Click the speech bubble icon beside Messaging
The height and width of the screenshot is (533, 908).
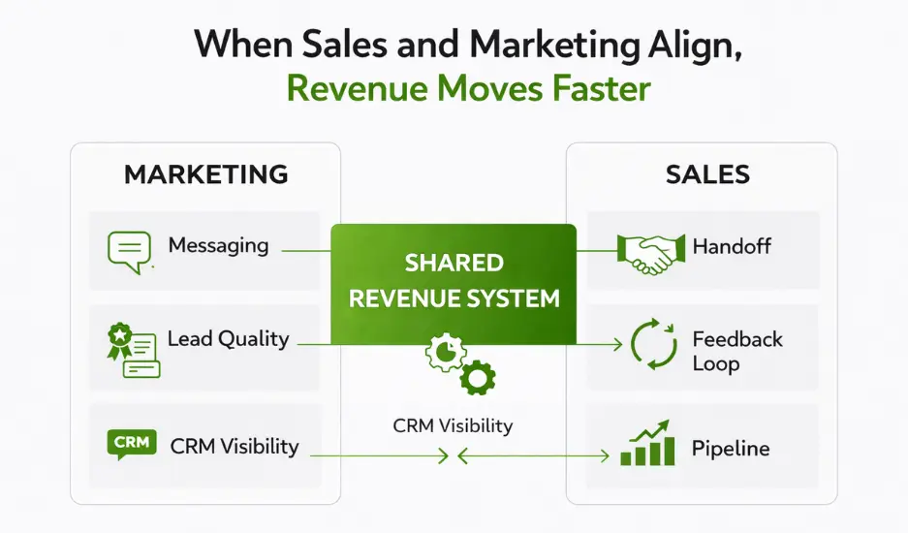[129, 250]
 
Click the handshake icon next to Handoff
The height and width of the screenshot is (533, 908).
[647, 251]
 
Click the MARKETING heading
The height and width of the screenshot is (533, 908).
[206, 174]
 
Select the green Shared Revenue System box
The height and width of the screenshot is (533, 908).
[454, 280]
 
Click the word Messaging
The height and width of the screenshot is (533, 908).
[218, 245]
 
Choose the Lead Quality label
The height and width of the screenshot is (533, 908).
[229, 339]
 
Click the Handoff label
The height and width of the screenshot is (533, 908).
[732, 246]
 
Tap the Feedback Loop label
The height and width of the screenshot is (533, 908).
[737, 351]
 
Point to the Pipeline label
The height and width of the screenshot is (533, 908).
[731, 449]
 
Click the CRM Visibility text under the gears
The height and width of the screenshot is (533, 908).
[453, 425]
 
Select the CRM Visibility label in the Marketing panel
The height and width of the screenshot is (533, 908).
[235, 447]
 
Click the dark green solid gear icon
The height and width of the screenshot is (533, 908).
[477, 377]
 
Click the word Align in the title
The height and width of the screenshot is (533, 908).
[690, 46]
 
